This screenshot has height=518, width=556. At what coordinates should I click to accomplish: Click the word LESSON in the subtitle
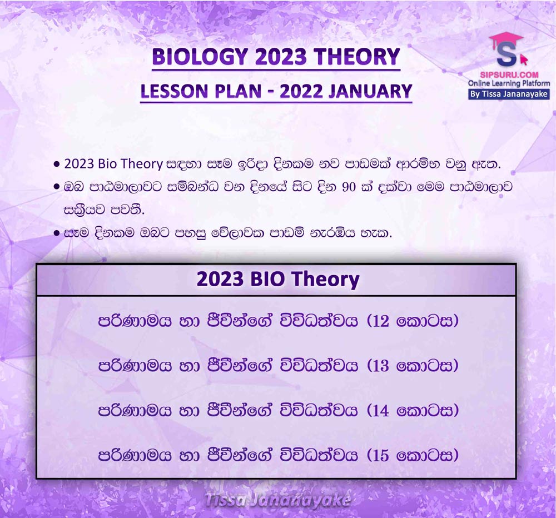[172, 91]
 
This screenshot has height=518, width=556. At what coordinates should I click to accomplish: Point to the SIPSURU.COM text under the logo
[509, 75]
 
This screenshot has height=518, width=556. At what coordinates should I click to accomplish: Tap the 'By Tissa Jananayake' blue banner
[509, 94]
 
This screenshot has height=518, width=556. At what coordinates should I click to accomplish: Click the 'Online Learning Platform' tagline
[509, 83]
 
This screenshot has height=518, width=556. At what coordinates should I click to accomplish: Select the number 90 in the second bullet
[349, 187]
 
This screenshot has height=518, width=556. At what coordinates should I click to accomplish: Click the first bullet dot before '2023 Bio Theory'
[56, 165]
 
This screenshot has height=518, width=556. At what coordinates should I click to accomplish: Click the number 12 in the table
[381, 321]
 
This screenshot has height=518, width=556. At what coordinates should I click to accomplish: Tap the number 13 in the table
[381, 366]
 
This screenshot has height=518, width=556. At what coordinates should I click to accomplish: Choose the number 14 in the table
[381, 411]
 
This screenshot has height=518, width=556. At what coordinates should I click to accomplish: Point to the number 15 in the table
[381, 455]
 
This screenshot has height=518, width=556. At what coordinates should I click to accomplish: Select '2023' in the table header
[220, 279]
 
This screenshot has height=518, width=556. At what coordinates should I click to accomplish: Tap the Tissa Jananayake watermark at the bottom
[277, 500]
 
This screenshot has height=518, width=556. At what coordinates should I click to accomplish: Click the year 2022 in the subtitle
[301, 91]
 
